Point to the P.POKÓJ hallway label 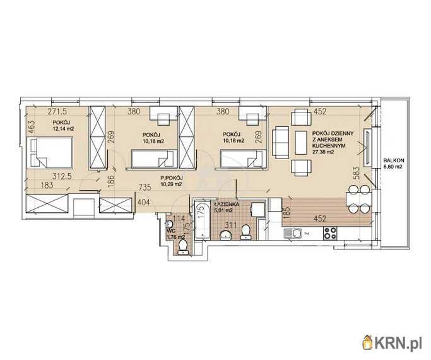pyautogui.click(x=172, y=178)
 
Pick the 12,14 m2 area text pyautogui.click(x=64, y=128)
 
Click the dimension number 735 pyautogui.click(x=145, y=188)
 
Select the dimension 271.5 pyautogui.click(x=57, y=112)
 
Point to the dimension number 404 pyautogui.click(x=143, y=203)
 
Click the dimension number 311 pyautogui.click(x=230, y=225)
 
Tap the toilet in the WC pyautogui.click(x=182, y=247)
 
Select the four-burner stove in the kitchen pyautogui.click(x=330, y=233)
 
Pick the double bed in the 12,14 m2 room pyautogui.click(x=50, y=153)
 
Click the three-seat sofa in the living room pyautogui.click(x=280, y=143)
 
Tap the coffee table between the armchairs pyautogui.click(x=301, y=143)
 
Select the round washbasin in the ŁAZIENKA pyautogui.click(x=226, y=235)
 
